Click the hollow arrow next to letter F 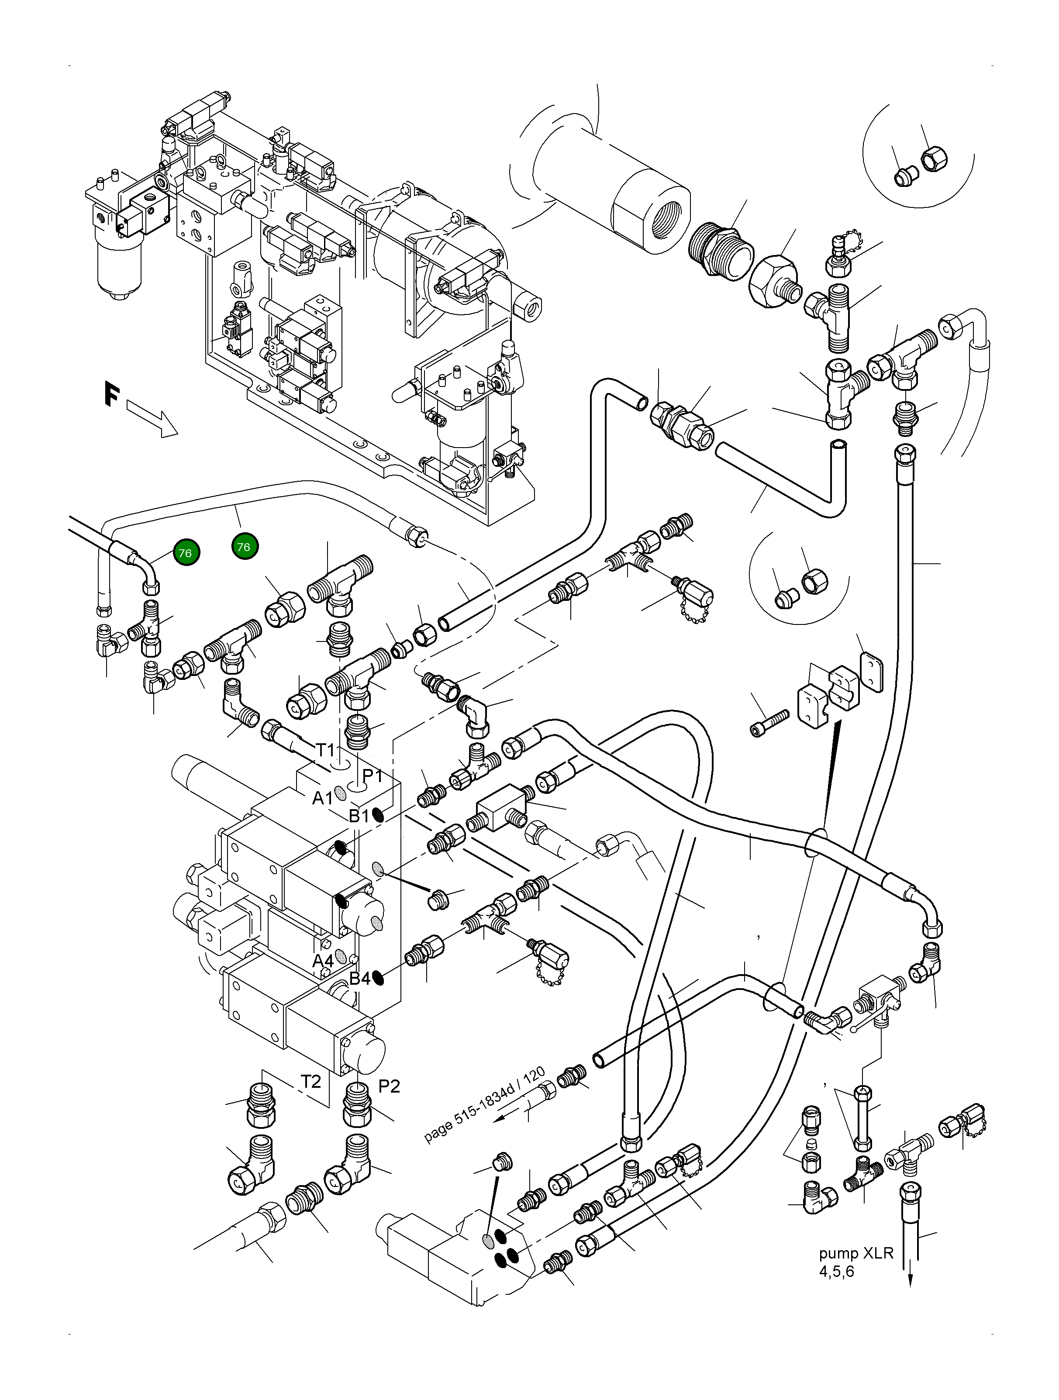click(152, 418)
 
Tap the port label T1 click(325, 750)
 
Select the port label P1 click(372, 775)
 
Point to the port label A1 click(323, 799)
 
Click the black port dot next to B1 click(378, 816)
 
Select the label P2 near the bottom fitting click(389, 1086)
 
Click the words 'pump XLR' click(856, 1253)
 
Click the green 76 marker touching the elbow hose click(185, 552)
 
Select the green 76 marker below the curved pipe click(244, 546)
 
